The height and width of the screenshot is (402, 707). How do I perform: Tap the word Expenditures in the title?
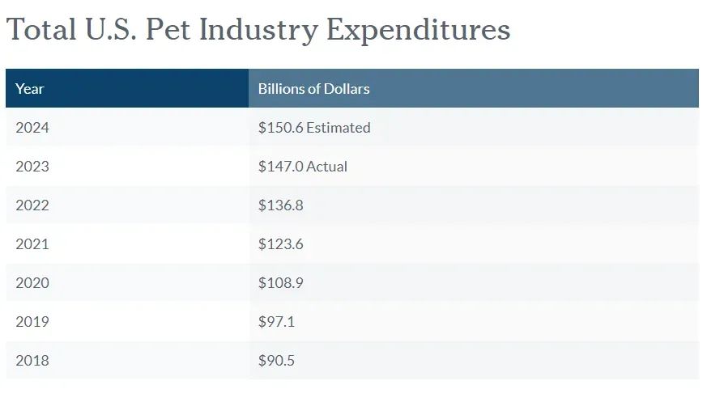pyautogui.click(x=418, y=30)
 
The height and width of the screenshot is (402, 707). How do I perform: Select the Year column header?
pyautogui.click(x=30, y=88)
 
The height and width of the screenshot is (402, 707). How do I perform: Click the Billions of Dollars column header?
pyautogui.click(x=313, y=88)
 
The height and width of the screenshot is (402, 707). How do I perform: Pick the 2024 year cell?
pyautogui.click(x=32, y=127)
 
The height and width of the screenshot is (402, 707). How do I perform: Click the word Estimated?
pyautogui.click(x=339, y=127)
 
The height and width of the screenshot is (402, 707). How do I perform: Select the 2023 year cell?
pyautogui.click(x=32, y=166)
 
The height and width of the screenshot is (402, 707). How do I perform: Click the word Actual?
pyautogui.click(x=327, y=166)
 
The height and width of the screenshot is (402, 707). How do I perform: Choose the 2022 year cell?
pyautogui.click(x=32, y=205)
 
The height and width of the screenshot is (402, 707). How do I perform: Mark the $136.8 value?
pyautogui.click(x=281, y=205)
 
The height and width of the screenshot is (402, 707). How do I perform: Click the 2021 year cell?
pyautogui.click(x=32, y=243)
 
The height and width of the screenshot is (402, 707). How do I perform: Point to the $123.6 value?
pyautogui.click(x=281, y=243)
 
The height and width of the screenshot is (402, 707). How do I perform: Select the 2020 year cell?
pyautogui.click(x=32, y=282)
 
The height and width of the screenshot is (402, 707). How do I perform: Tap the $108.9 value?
pyautogui.click(x=281, y=282)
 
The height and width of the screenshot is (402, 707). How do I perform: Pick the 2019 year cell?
pyautogui.click(x=32, y=321)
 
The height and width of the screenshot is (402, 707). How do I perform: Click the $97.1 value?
pyautogui.click(x=277, y=321)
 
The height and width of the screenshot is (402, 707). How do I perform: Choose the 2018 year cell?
pyautogui.click(x=32, y=360)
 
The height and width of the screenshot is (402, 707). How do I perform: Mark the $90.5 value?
pyautogui.click(x=277, y=360)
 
